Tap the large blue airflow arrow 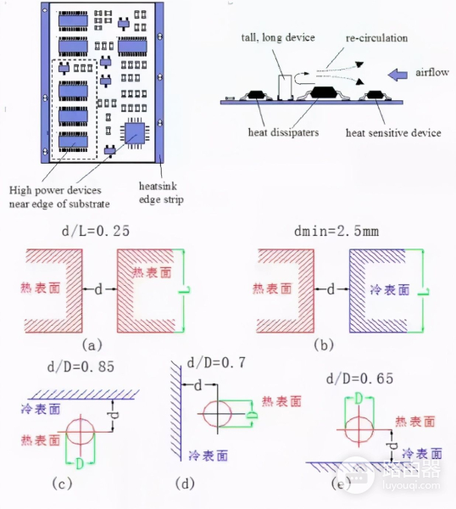pos(395,75)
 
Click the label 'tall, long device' pos(277,39)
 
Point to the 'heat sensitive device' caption pos(393,133)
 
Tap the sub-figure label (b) pos(323,345)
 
